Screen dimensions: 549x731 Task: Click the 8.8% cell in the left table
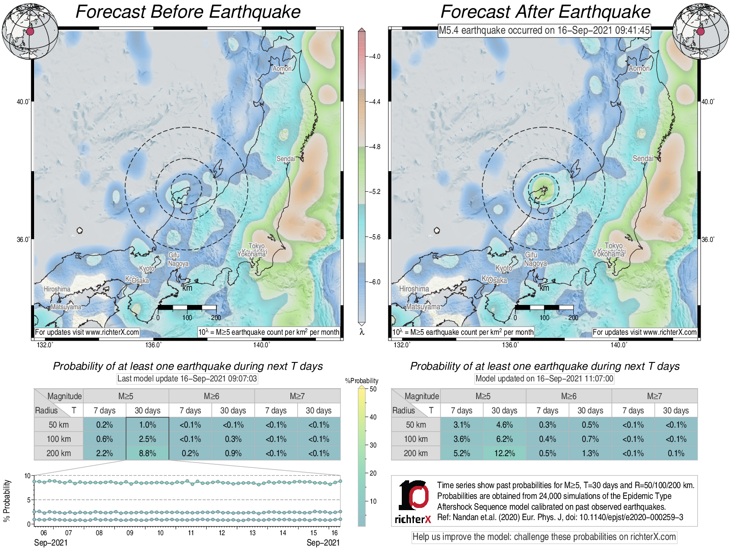click(147, 453)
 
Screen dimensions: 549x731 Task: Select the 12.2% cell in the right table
click(504, 453)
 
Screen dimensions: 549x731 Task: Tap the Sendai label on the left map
click(286, 159)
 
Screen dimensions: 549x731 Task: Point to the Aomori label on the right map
click(639, 69)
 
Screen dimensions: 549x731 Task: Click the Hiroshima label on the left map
click(57, 289)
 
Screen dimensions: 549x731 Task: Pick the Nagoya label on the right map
click(535, 263)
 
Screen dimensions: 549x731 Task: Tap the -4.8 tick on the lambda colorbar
click(374, 147)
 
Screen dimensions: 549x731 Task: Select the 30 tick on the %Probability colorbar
click(373, 445)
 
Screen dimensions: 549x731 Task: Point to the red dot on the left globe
click(30, 32)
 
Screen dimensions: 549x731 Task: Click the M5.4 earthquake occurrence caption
click(544, 30)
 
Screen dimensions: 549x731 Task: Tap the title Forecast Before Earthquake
click(188, 12)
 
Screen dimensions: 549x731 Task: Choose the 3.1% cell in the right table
click(461, 425)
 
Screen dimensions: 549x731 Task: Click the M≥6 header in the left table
click(211, 396)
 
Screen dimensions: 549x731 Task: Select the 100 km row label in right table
click(416, 439)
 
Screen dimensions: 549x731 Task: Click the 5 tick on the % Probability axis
click(29, 500)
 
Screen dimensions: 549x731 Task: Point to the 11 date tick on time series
click(191, 533)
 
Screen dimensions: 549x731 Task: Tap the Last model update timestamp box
click(187, 379)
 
